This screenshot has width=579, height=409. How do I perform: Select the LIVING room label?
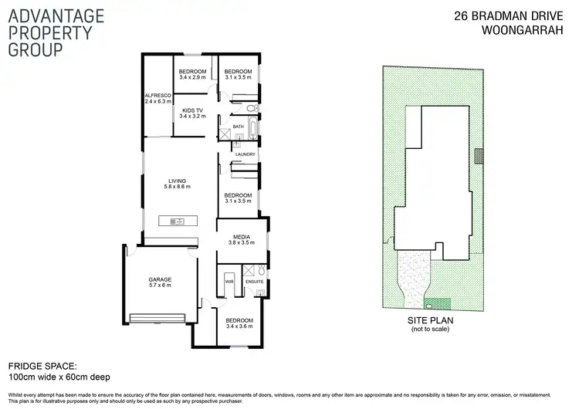(178, 181)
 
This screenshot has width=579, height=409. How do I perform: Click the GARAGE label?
(160, 279)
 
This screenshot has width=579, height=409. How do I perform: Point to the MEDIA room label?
(241, 237)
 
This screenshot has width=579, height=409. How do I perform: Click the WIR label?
(229, 282)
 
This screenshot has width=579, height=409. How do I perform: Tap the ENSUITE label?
(255, 282)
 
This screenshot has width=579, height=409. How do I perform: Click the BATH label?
(238, 127)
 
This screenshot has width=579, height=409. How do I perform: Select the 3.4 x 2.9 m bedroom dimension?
(191, 77)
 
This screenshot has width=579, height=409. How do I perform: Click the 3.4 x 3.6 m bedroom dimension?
(239, 326)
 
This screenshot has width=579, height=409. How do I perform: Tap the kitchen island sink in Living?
(177, 222)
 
